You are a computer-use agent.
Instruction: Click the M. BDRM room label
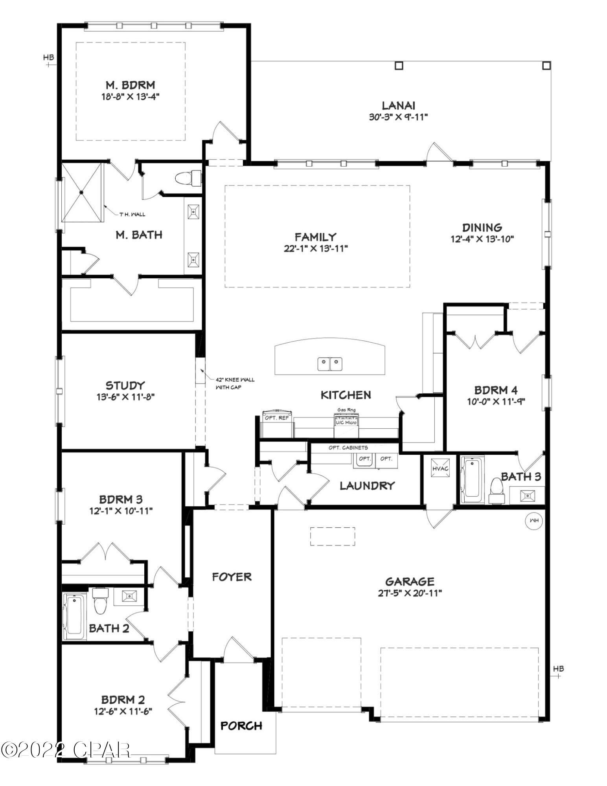[x=130, y=84]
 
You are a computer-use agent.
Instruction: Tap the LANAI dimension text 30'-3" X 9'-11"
[x=398, y=117]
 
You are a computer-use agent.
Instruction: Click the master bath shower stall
[x=81, y=193]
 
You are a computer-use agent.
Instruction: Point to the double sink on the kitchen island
[x=330, y=364]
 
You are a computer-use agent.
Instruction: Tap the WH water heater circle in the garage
[x=534, y=520]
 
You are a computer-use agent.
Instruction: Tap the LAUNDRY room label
[x=367, y=486]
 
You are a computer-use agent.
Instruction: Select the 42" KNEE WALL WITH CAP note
[x=235, y=383]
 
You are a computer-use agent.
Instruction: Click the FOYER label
[x=232, y=577]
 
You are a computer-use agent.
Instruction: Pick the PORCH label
[x=241, y=725]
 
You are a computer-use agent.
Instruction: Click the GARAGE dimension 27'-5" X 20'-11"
[x=410, y=593]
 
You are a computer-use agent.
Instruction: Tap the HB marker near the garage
[x=558, y=668]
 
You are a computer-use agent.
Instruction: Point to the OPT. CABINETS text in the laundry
[x=348, y=448]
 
